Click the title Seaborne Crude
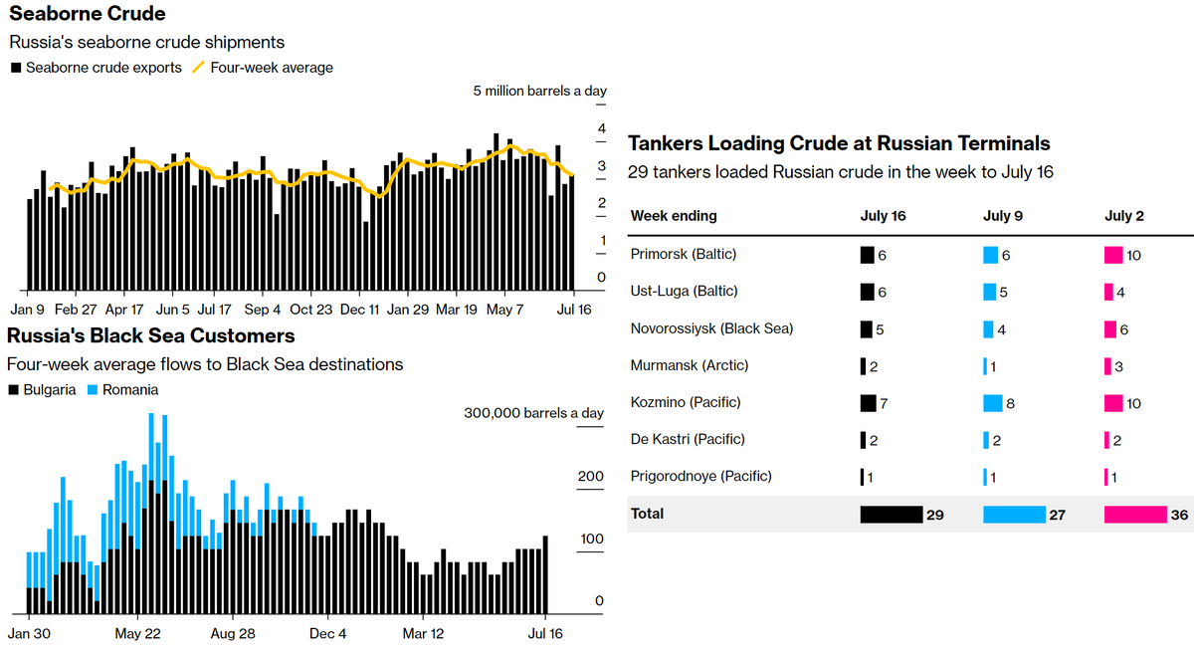[88, 14]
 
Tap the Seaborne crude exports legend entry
[103, 68]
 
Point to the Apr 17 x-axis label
[124, 310]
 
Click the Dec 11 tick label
[359, 310]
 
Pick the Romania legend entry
[129, 390]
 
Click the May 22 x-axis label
[138, 633]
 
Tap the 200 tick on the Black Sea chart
[591, 477]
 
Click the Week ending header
[674, 216]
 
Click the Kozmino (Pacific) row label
[686, 402]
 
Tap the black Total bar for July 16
[892, 515]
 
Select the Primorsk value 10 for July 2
[1134, 256]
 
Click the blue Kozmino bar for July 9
[992, 403]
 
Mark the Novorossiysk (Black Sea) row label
[711, 328]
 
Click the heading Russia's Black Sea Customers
[151, 335]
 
